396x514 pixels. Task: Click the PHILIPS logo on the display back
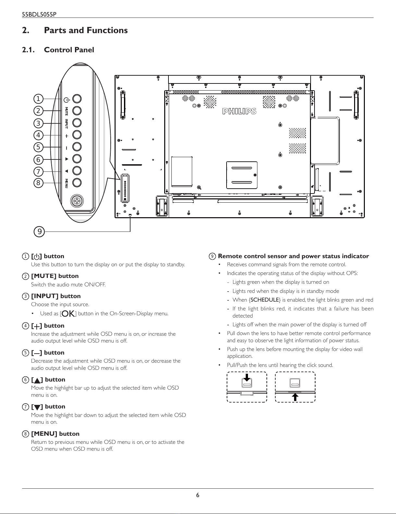pyautogui.click(x=239, y=111)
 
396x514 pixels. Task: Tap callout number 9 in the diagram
pyautogui.click(x=39, y=232)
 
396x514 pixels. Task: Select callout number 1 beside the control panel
pyautogui.click(x=38, y=99)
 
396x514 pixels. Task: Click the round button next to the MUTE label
pyautogui.click(x=77, y=111)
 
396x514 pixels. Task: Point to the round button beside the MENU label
pyautogui.click(x=77, y=182)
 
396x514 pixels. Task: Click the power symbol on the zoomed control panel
pyautogui.click(x=67, y=100)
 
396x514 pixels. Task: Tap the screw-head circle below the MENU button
pyautogui.click(x=77, y=201)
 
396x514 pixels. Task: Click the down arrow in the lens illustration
pyautogui.click(x=247, y=378)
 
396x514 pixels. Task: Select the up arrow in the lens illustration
pyautogui.click(x=295, y=397)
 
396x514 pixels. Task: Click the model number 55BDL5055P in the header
pyautogui.click(x=39, y=14)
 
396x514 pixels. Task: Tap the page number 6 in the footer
pyautogui.click(x=198, y=495)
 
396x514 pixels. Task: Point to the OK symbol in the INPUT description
pyautogui.click(x=68, y=314)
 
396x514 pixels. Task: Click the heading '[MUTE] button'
pyautogui.click(x=55, y=276)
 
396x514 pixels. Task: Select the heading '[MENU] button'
pyautogui.click(x=55, y=433)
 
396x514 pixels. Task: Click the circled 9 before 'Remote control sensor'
pyautogui.click(x=212, y=256)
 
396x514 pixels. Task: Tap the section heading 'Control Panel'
pyautogui.click(x=69, y=50)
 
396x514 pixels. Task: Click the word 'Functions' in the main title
pyautogui.click(x=107, y=30)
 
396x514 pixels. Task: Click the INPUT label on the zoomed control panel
pyautogui.click(x=67, y=124)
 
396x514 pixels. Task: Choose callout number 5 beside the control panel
pyautogui.click(x=38, y=147)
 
